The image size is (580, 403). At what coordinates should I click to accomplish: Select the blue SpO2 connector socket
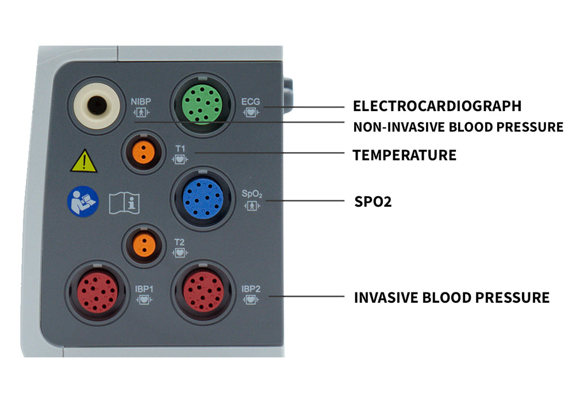tap(202, 197)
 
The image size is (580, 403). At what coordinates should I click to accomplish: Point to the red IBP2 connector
tap(203, 292)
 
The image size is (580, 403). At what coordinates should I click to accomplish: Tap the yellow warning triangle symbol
tap(84, 162)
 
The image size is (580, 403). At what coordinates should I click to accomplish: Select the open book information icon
tap(124, 203)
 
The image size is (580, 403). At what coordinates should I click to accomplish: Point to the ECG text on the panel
tap(251, 101)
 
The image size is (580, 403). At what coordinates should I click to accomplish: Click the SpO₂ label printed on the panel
tap(252, 193)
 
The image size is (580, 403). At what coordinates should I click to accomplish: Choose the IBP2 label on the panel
tap(251, 288)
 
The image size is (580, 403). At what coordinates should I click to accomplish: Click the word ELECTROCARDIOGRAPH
tap(437, 107)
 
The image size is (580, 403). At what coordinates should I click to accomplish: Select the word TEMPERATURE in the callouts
tap(404, 155)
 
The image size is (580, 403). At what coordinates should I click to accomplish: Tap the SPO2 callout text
tap(372, 202)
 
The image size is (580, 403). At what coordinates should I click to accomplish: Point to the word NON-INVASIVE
tap(391, 127)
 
